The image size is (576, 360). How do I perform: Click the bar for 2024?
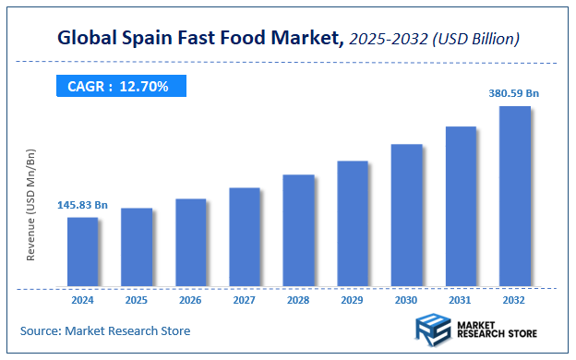point(82,251)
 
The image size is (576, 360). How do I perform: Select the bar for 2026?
point(190,242)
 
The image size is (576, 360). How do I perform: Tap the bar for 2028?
point(298,230)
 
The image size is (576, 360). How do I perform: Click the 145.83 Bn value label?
point(82,204)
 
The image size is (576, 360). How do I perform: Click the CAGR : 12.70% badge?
point(118,86)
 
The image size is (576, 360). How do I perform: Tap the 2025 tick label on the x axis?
point(137,300)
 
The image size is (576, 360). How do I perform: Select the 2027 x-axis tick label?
point(245,300)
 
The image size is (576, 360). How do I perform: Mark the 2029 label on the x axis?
point(353,300)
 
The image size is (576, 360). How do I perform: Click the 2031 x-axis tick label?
point(461,300)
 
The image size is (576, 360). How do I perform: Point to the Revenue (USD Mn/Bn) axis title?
point(30,203)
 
